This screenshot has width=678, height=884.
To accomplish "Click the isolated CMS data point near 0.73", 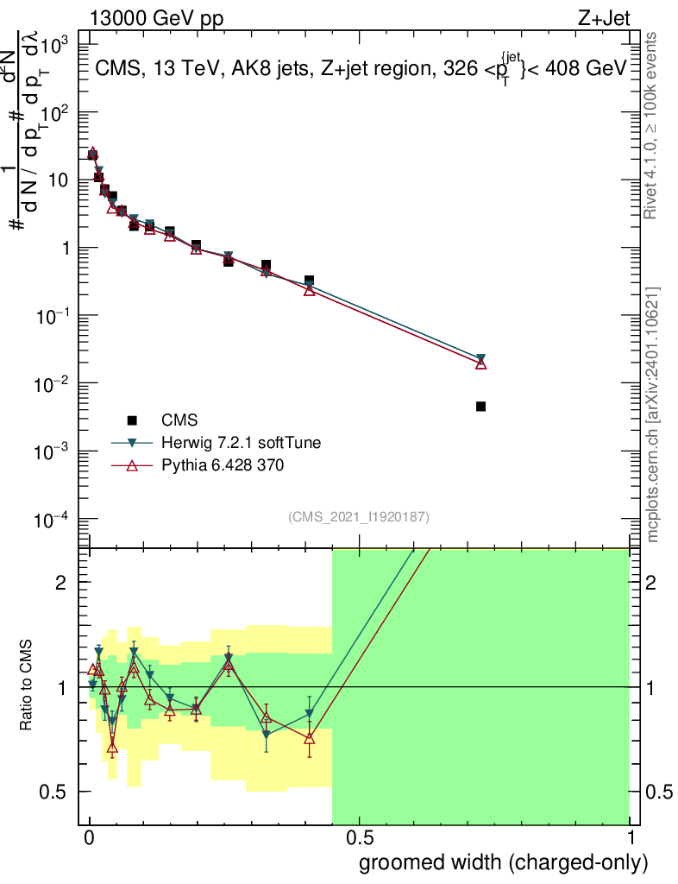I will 480,406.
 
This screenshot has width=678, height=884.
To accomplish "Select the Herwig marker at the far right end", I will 480,358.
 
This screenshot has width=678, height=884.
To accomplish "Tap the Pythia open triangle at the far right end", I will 481,363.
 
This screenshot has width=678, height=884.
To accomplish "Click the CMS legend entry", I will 179,420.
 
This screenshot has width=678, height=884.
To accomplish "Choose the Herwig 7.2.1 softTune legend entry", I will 241,443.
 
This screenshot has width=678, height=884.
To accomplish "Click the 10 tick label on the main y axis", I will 67,180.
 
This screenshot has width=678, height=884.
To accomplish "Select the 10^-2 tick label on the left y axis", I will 64,383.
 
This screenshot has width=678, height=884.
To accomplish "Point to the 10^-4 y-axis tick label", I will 64,519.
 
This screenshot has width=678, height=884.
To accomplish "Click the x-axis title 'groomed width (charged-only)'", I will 503,863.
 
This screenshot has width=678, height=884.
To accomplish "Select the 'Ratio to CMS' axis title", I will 28,686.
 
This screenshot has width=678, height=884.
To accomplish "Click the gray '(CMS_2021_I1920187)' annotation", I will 359,516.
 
